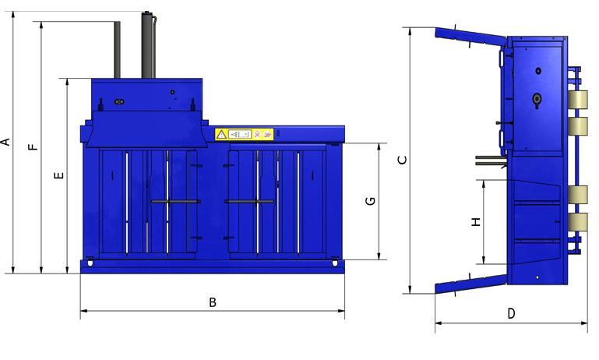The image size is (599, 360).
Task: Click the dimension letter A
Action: (x=5, y=142)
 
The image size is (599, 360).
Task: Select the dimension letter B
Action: (x=213, y=302)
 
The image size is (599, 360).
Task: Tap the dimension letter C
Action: (x=402, y=160)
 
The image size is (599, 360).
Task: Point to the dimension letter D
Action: (x=511, y=314)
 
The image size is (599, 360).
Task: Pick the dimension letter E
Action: (x=59, y=175)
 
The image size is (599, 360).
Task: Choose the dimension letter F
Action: (x=34, y=146)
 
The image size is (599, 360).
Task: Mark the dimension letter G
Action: (x=371, y=201)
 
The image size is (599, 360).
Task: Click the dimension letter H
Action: (x=476, y=221)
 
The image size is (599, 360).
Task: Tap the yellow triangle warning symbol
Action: (x=221, y=135)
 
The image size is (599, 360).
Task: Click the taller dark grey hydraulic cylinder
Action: (x=149, y=45)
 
